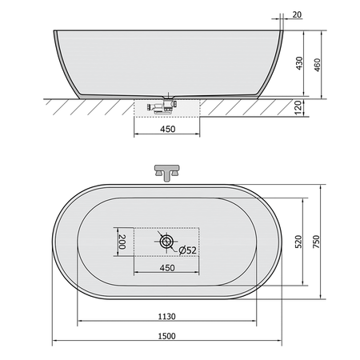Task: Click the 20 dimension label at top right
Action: click(297, 14)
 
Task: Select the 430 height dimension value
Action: click(299, 63)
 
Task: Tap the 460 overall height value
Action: click(317, 65)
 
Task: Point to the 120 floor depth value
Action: click(298, 107)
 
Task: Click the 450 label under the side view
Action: click(167, 129)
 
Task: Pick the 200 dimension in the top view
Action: click(122, 242)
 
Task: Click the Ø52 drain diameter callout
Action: click(188, 250)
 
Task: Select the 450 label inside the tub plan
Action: click(167, 268)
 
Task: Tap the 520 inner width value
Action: click(298, 242)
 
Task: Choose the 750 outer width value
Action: click(316, 242)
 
